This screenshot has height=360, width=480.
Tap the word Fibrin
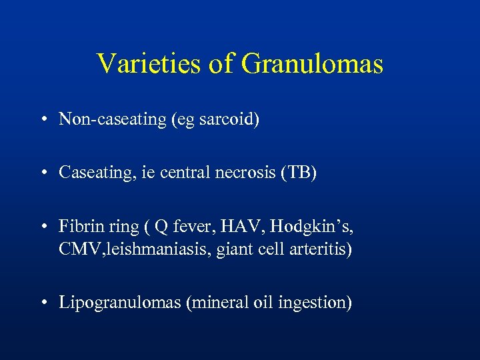78,227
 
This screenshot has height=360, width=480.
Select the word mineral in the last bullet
220,303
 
